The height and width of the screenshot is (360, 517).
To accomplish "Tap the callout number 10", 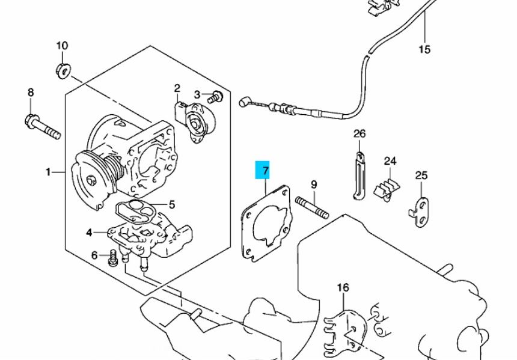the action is [x=62, y=46].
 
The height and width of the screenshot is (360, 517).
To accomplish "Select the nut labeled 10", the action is [x=63, y=71].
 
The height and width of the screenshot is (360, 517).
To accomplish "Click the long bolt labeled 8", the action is [x=43, y=126].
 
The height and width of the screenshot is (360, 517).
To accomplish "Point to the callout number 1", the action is [x=48, y=172].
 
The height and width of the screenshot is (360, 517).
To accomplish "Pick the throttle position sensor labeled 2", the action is [x=195, y=123].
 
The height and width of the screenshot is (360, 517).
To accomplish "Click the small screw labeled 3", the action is [x=215, y=97].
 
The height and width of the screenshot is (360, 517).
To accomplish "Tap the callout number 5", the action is [x=172, y=205].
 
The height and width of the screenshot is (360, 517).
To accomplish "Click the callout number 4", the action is [x=89, y=233].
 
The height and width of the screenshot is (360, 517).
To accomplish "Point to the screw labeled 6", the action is [x=112, y=258].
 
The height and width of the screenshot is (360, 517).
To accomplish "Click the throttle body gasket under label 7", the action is [x=267, y=224].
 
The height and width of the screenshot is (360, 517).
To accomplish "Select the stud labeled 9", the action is [x=312, y=208].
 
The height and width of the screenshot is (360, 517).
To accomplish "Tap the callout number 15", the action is [x=424, y=49].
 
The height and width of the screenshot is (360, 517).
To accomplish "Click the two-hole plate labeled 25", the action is [x=420, y=212].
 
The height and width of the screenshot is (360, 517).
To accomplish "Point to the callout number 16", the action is [x=343, y=288].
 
